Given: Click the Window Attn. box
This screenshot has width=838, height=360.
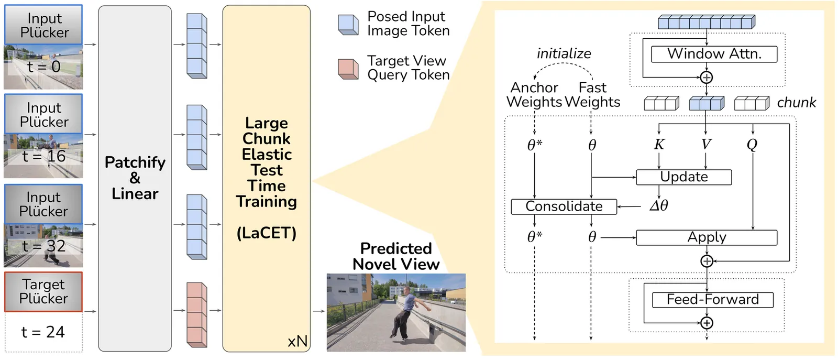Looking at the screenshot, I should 713,54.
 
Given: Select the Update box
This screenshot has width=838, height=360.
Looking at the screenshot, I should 683,177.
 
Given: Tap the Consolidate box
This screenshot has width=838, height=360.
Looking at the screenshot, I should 564,206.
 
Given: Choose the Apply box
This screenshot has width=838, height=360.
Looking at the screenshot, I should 706,237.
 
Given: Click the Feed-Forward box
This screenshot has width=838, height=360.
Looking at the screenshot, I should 712,300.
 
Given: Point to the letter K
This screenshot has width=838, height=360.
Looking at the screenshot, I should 659,145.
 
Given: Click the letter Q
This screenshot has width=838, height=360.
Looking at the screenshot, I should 752,145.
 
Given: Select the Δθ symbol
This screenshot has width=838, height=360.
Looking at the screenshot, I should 658,206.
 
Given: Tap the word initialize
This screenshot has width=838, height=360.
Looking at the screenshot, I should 564,53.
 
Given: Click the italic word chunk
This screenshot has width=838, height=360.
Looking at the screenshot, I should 796,103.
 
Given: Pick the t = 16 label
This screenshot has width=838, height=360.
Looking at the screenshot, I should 44,156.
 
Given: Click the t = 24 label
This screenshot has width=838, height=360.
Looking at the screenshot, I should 43,332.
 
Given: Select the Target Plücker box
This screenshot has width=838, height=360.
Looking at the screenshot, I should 43,291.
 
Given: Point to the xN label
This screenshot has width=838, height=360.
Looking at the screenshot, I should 297,342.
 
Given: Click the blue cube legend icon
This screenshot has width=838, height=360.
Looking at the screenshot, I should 348,24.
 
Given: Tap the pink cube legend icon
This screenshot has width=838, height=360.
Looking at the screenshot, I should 348,69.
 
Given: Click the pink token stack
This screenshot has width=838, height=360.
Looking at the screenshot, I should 197,314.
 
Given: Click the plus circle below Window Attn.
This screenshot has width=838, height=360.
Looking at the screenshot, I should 707,78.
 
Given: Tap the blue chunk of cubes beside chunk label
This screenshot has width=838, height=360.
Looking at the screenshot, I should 707,103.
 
